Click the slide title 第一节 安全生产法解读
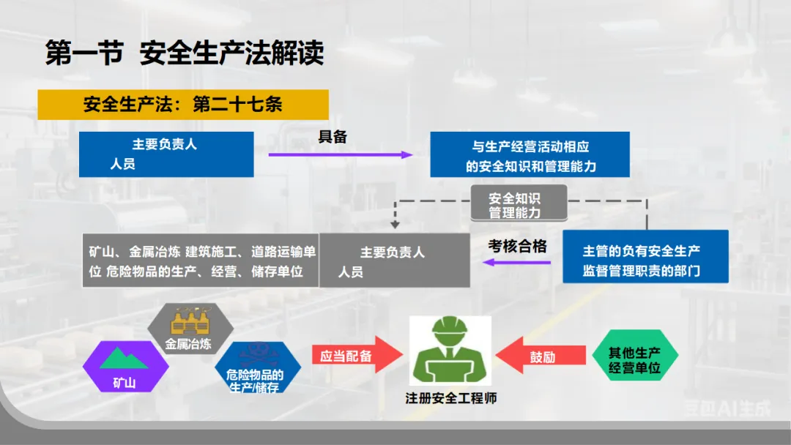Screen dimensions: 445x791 pos(185,54)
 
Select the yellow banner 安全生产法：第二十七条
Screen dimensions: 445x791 pos(183,105)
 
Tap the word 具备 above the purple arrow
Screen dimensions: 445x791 pos(332,137)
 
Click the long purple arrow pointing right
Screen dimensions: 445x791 pos(341,155)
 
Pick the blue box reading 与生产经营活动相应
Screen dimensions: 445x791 pos(530,154)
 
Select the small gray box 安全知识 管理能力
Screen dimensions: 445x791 pos(519,204)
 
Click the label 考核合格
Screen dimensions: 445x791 pos(518,247)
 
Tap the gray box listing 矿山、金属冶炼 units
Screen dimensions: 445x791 pos(201,261)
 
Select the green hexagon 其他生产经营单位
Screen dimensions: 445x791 pos(634,358)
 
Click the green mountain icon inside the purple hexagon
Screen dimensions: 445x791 pos(125,358)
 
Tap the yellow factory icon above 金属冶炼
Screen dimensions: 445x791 pos(189,324)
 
